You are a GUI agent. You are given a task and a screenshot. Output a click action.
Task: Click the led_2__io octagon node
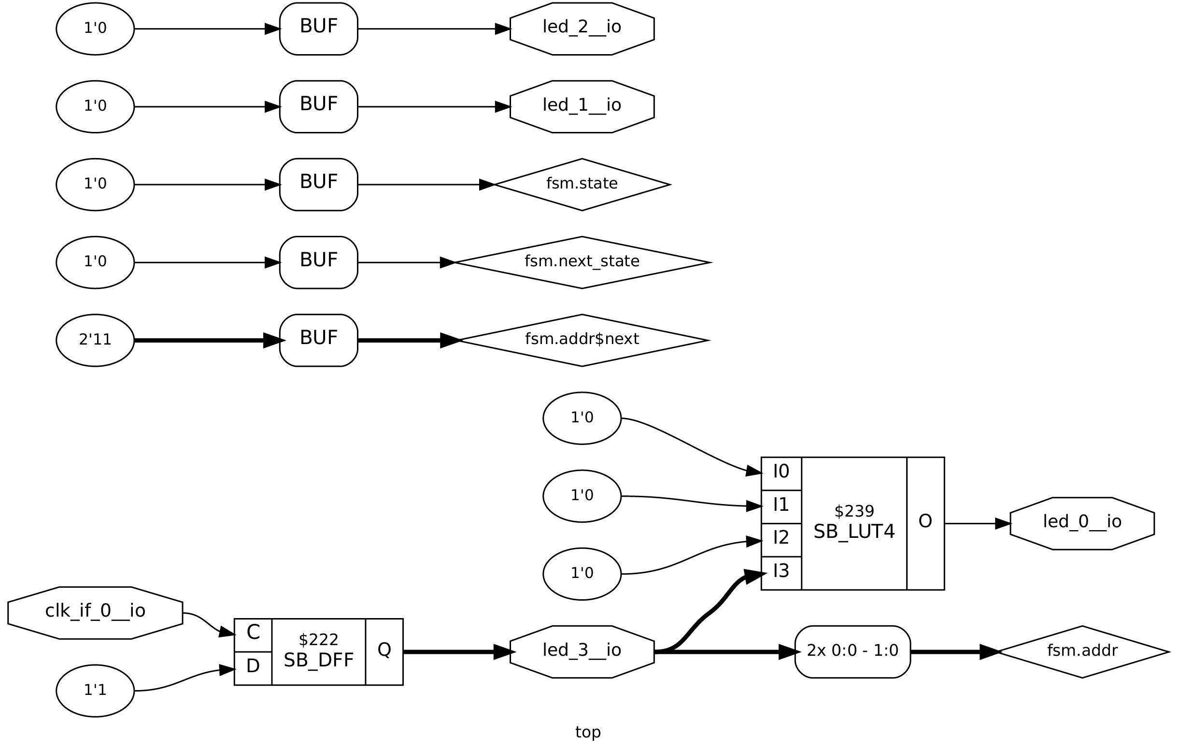(582, 29)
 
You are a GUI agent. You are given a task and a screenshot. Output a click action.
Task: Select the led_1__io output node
(582, 107)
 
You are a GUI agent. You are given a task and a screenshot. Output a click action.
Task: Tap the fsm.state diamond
(582, 185)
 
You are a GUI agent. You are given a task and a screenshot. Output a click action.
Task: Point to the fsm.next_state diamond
(582, 262)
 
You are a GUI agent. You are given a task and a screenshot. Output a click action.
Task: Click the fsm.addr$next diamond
(582, 340)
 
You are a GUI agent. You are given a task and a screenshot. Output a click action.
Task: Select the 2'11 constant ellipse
(95, 340)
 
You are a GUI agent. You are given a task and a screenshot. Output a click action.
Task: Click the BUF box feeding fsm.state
(318, 185)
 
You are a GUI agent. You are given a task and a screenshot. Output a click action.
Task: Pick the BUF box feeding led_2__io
(318, 29)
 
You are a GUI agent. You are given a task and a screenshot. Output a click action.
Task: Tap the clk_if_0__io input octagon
(95, 613)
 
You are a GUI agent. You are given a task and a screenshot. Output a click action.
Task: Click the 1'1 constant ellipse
(95, 691)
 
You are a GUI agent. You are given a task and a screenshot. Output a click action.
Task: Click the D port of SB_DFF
(253, 668)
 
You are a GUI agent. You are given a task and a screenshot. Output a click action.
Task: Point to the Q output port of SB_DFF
(384, 652)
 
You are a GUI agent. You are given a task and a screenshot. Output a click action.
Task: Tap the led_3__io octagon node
(582, 652)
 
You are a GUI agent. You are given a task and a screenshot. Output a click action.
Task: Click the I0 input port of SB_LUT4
(781, 473)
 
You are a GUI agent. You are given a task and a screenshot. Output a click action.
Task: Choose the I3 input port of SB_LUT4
(781, 574)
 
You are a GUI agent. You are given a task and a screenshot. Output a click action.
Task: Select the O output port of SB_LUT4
(925, 523)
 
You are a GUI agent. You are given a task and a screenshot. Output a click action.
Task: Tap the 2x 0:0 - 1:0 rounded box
(853, 652)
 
